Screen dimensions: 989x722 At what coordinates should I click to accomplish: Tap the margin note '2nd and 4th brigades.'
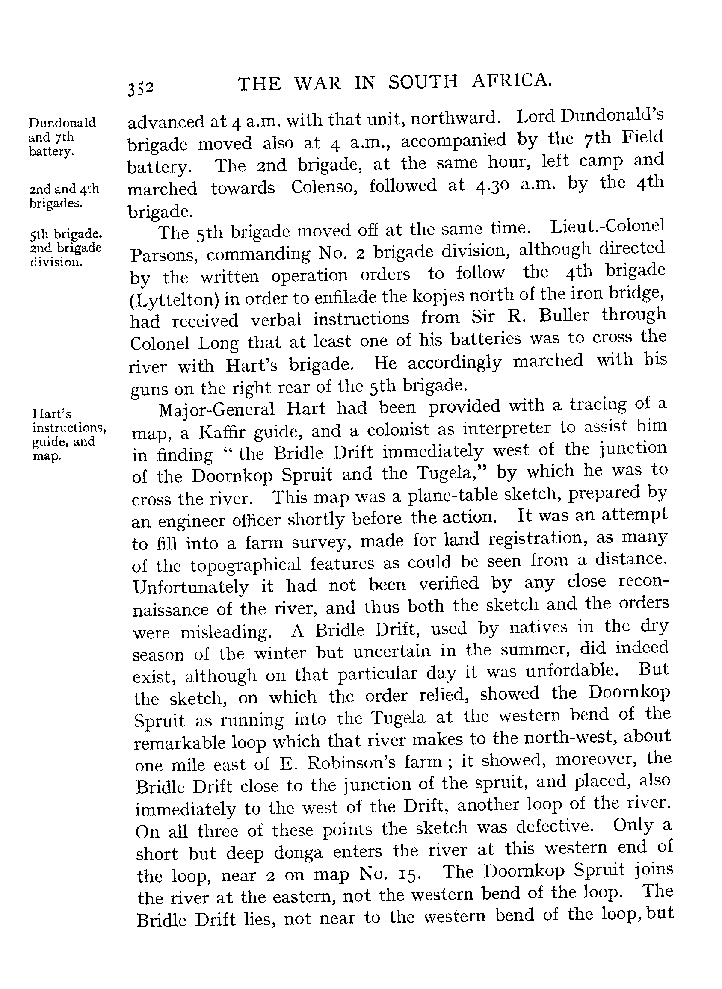64,196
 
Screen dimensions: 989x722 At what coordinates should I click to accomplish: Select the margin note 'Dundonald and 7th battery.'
62,137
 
